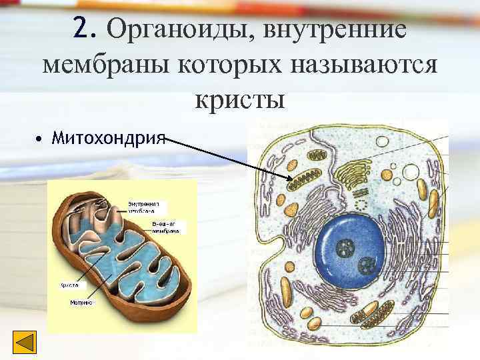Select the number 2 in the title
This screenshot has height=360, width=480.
82,29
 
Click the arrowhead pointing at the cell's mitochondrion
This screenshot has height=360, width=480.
289,178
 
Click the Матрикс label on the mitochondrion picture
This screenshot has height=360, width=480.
81,302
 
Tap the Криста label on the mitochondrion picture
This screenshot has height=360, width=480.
70,285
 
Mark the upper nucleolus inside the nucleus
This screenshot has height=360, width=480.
347,249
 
